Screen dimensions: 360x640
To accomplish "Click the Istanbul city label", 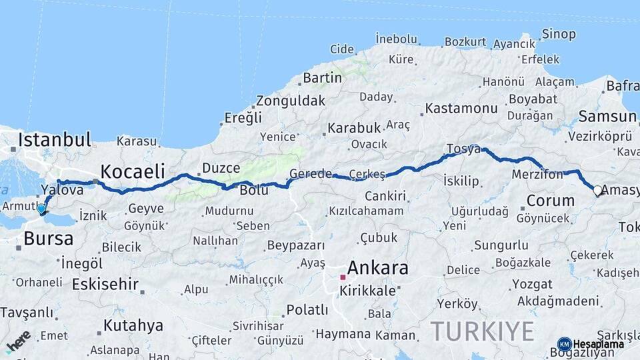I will pos(55,140).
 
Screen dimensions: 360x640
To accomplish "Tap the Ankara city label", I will pos(377,268).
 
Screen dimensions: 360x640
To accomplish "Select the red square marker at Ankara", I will pos(343,277).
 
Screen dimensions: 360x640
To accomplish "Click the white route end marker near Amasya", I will pos(597,190).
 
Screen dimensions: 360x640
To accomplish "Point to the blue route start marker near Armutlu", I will pos(41,209).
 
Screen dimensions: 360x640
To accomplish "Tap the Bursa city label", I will pos(48,239).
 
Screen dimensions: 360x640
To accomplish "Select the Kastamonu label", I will pos(461,108).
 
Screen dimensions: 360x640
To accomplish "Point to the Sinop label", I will pos(559,33).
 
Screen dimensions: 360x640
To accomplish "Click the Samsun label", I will pos(607,117).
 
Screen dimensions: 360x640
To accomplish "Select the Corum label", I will pos(551,201).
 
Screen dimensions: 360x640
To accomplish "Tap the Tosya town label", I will pos(463,149).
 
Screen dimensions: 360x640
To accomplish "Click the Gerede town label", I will pos(311,174).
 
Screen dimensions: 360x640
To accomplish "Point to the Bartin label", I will pos(322,78).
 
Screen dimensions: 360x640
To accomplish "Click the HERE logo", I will pos(18,341).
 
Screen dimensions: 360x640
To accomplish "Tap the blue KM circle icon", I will pos(565,344).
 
